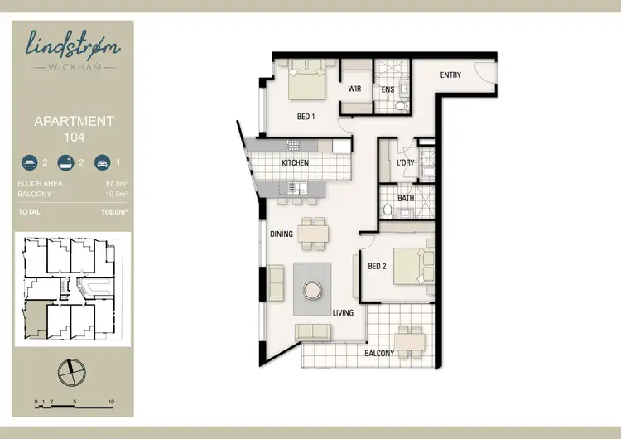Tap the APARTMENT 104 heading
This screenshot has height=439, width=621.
click(x=74, y=128)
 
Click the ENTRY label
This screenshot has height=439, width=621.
click(x=450, y=75)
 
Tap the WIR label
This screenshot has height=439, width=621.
click(x=354, y=88)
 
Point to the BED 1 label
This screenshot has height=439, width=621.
click(x=306, y=117)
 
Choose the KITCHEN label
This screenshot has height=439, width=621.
click(x=295, y=163)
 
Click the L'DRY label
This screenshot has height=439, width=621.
click(x=405, y=163)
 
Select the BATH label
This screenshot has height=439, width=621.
click(x=406, y=198)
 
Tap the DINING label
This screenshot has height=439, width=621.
click(x=282, y=234)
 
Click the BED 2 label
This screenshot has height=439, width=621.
click(x=378, y=266)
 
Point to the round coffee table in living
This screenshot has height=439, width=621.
click(x=313, y=291)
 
